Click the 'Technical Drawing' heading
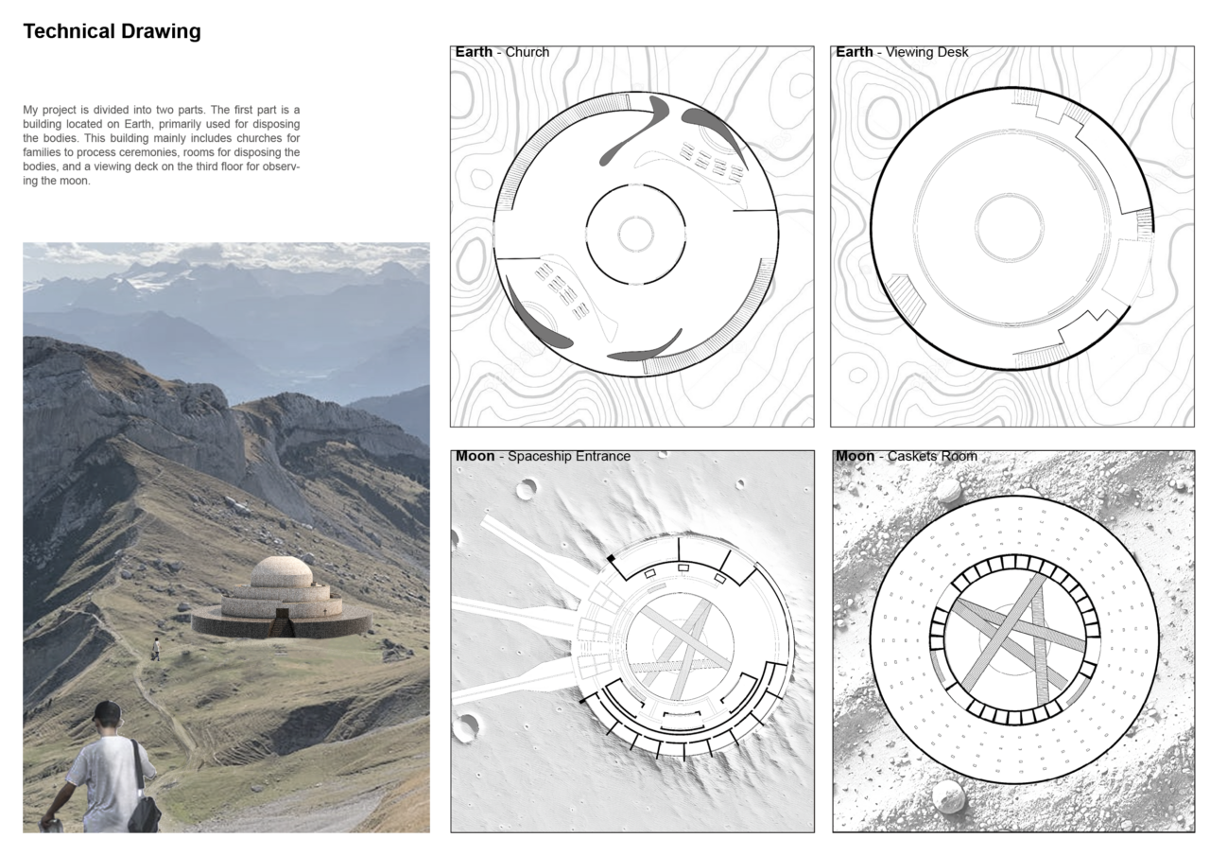coord(112,31)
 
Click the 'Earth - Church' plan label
coord(502,52)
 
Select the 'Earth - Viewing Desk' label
coord(902,52)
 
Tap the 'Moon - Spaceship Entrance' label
coord(543,456)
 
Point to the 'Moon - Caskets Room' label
coord(907,456)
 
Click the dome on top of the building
coord(282,571)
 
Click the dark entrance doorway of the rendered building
coord(283,622)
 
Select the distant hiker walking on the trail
coord(156,649)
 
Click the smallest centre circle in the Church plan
coord(636,234)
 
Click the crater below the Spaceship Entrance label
coord(527,489)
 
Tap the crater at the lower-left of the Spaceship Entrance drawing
coord(466,726)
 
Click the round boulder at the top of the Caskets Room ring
coord(949,491)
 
